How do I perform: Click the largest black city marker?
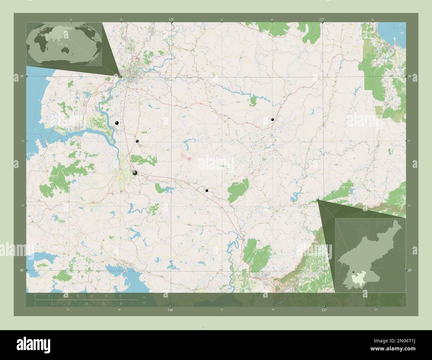pyautogui.click(x=135, y=173)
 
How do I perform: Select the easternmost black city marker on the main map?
pyautogui.click(x=272, y=119)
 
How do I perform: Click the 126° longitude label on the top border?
pyautogui.click(x=171, y=20)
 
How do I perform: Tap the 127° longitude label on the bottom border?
pyautogui.click(x=324, y=310)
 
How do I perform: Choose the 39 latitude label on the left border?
pyautogui.click(x=21, y=77)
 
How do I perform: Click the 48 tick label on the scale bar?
pyautogui.click(x=120, y=296)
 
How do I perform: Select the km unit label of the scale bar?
pyautogui.click(x=144, y=297)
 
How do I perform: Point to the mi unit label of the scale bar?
pyautogui.click(x=144, y=303)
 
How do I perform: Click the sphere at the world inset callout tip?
pyautogui.click(x=120, y=76)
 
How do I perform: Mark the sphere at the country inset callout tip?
pyautogui.click(x=318, y=200)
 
